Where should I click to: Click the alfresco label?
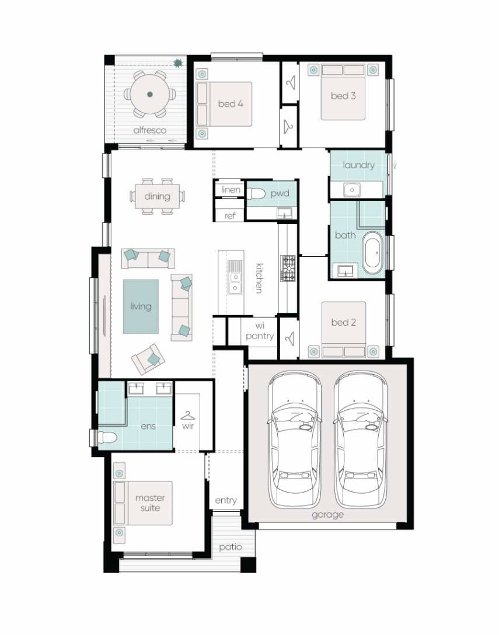coord(149,130)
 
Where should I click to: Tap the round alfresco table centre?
coord(150,94)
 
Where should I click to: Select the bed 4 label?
coord(231,104)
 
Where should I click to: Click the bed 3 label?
coord(343,96)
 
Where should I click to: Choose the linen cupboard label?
coord(231,190)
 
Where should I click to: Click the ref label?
coord(231,216)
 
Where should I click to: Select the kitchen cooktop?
coord(289,268)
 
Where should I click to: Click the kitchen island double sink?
coord(235,280)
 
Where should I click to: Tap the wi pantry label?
coord(259,332)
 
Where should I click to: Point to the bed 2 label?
coord(343,322)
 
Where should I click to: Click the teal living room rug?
coord(141,306)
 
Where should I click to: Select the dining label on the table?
coord(157,196)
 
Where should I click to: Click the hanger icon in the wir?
coord(187,416)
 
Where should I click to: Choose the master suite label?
coord(150,503)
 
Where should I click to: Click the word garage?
coord(327,515)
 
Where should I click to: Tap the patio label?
coord(230,547)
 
